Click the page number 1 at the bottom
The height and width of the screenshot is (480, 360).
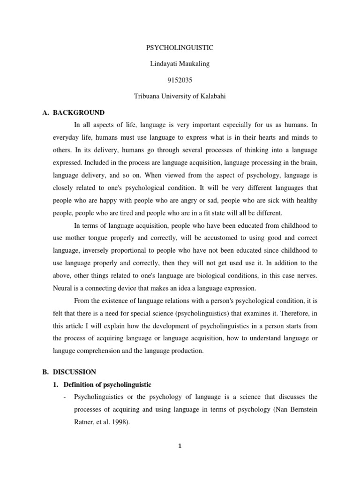point(179,446)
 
